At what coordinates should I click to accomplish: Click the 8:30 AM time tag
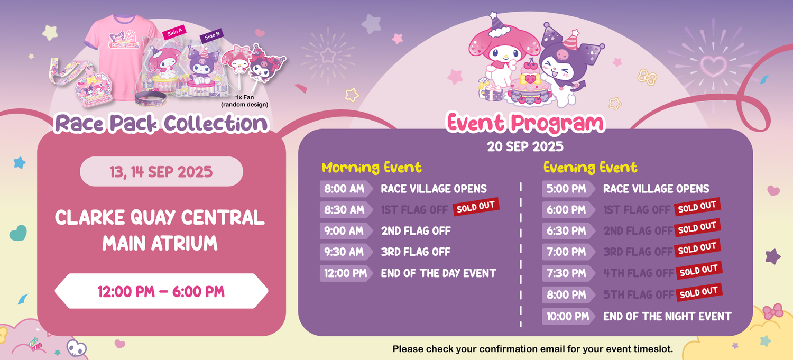pyautogui.click(x=346, y=210)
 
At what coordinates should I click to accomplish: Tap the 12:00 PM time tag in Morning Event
pyautogui.click(x=346, y=273)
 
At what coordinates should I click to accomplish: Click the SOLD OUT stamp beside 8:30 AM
pyautogui.click(x=476, y=207)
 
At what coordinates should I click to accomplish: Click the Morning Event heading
pyautogui.click(x=372, y=168)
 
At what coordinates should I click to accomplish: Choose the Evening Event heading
pyautogui.click(x=590, y=168)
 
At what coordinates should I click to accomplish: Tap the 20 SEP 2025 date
pyautogui.click(x=525, y=146)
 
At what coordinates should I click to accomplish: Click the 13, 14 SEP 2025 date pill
pyautogui.click(x=161, y=172)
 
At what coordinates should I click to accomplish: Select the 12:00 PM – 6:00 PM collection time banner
pyautogui.click(x=161, y=291)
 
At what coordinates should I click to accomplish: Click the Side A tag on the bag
pyautogui.click(x=174, y=33)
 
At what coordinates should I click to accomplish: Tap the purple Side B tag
pyautogui.click(x=211, y=36)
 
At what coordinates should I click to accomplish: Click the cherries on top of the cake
pyautogui.click(x=531, y=65)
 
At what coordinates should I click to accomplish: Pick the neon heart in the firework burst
pyautogui.click(x=713, y=66)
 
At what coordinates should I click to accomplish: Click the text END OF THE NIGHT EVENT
pyautogui.click(x=667, y=317)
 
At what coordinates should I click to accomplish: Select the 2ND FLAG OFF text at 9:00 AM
pyautogui.click(x=416, y=231)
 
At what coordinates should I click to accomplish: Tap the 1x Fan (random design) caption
pyautogui.click(x=245, y=101)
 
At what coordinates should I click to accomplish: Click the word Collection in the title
pyautogui.click(x=216, y=124)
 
